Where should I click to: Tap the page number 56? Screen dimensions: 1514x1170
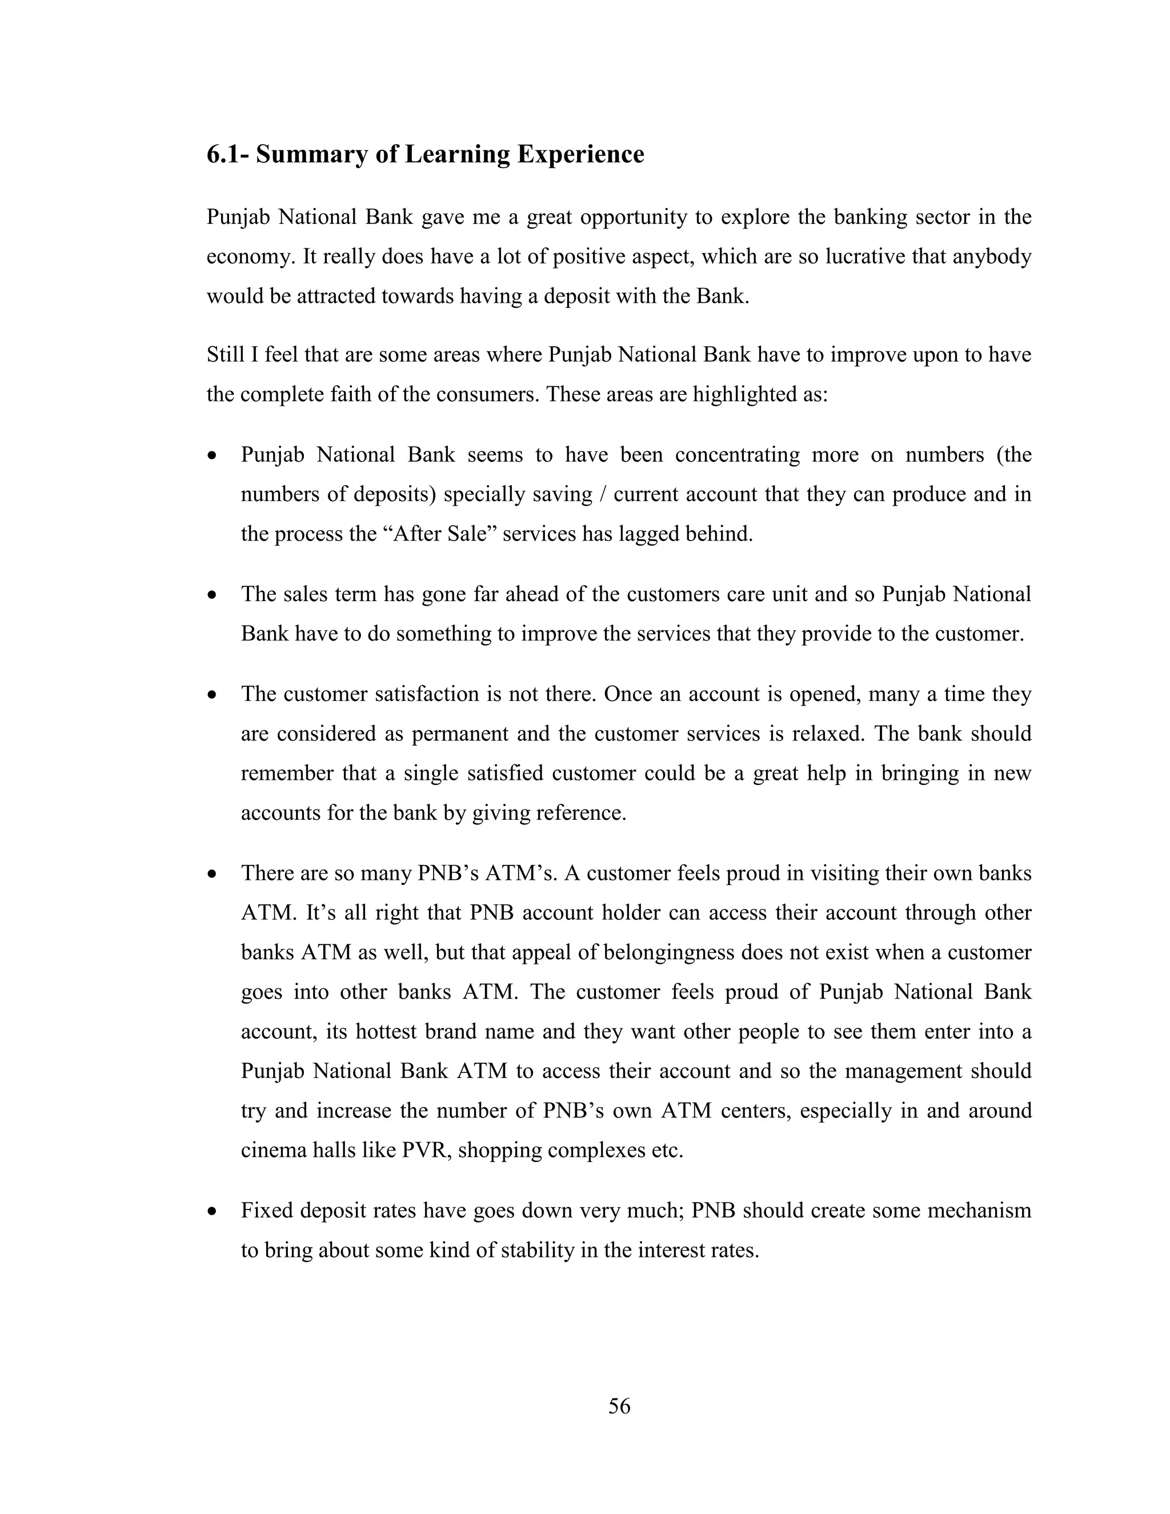click(619, 1406)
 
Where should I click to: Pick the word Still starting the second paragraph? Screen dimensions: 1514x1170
click(223, 355)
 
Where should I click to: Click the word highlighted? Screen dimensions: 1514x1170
click(748, 394)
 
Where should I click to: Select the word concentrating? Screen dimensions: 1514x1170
click(738, 455)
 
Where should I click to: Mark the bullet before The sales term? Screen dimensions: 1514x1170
click(212, 595)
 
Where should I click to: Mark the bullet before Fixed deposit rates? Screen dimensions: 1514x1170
click(212, 1212)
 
